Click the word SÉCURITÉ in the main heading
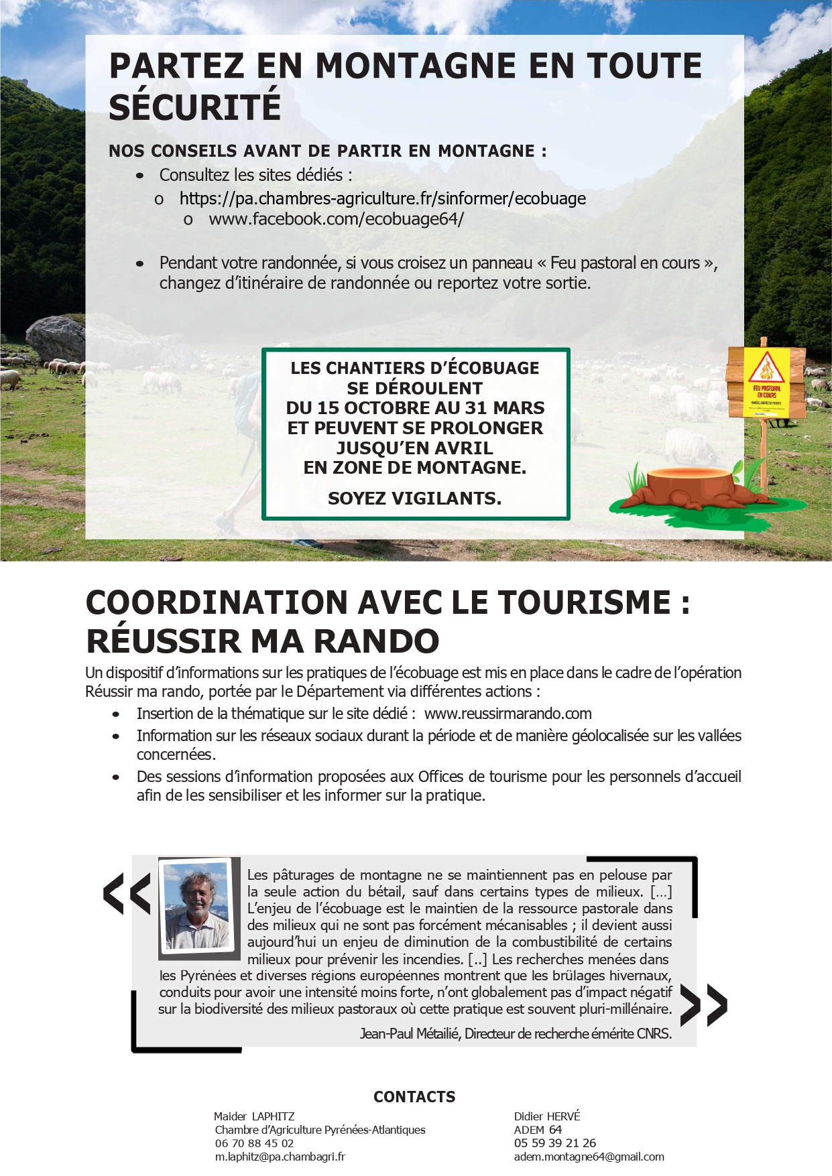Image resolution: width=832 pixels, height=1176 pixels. click(x=194, y=107)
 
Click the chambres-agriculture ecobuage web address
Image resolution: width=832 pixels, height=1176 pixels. click(x=382, y=198)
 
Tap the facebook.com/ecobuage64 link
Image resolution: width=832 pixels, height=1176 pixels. click(x=336, y=219)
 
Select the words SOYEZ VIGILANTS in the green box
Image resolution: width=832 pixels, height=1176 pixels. click(x=414, y=499)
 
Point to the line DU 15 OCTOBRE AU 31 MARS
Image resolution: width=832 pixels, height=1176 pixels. click(x=415, y=408)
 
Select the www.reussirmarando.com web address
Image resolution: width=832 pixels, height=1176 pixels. click(x=508, y=714)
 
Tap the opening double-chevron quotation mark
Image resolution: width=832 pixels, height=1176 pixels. click(x=127, y=893)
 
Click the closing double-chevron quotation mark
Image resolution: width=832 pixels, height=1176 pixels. click(x=703, y=1005)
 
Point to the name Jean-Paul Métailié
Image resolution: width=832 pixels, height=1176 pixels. click(x=409, y=1033)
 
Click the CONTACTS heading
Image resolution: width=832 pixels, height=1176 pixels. click(x=414, y=1097)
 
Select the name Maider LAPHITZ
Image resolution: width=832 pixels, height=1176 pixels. click(x=254, y=1116)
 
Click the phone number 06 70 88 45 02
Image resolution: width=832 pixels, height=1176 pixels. click(x=254, y=1143)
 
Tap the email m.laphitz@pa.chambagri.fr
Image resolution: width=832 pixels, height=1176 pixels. click(x=280, y=1157)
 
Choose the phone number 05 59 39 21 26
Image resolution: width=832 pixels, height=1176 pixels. click(x=554, y=1143)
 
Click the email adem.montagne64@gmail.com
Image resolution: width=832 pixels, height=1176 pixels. click(x=589, y=1157)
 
